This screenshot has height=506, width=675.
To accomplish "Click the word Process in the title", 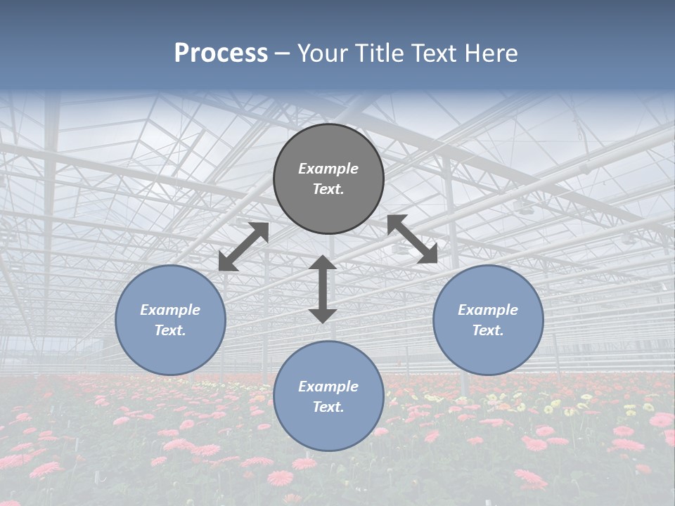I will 221,53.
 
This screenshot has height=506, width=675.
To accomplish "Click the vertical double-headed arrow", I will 323,290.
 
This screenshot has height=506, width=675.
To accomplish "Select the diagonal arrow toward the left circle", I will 244,247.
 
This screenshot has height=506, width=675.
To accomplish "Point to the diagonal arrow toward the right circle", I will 413,240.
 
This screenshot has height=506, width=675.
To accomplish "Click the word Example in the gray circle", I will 328,169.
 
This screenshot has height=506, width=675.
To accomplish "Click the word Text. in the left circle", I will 170,330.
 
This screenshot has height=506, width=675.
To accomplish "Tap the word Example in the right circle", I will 488,310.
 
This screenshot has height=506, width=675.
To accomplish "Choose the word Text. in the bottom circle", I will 328,407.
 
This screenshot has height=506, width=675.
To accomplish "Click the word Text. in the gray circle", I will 328,189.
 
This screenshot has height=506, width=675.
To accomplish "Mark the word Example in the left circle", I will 170,310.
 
